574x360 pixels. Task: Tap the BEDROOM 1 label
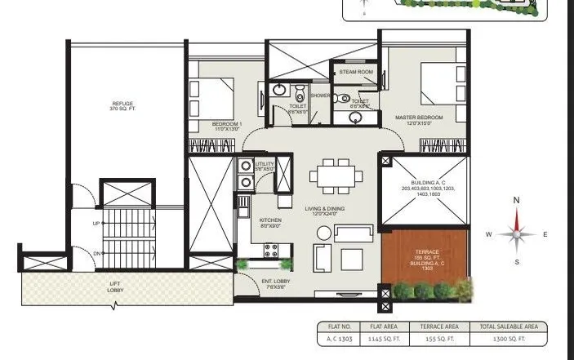(211, 125)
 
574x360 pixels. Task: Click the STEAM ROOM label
(356, 72)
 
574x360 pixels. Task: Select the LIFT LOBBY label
(115, 285)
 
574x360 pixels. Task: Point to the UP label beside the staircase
(95, 223)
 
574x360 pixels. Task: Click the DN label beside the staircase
(95, 253)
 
